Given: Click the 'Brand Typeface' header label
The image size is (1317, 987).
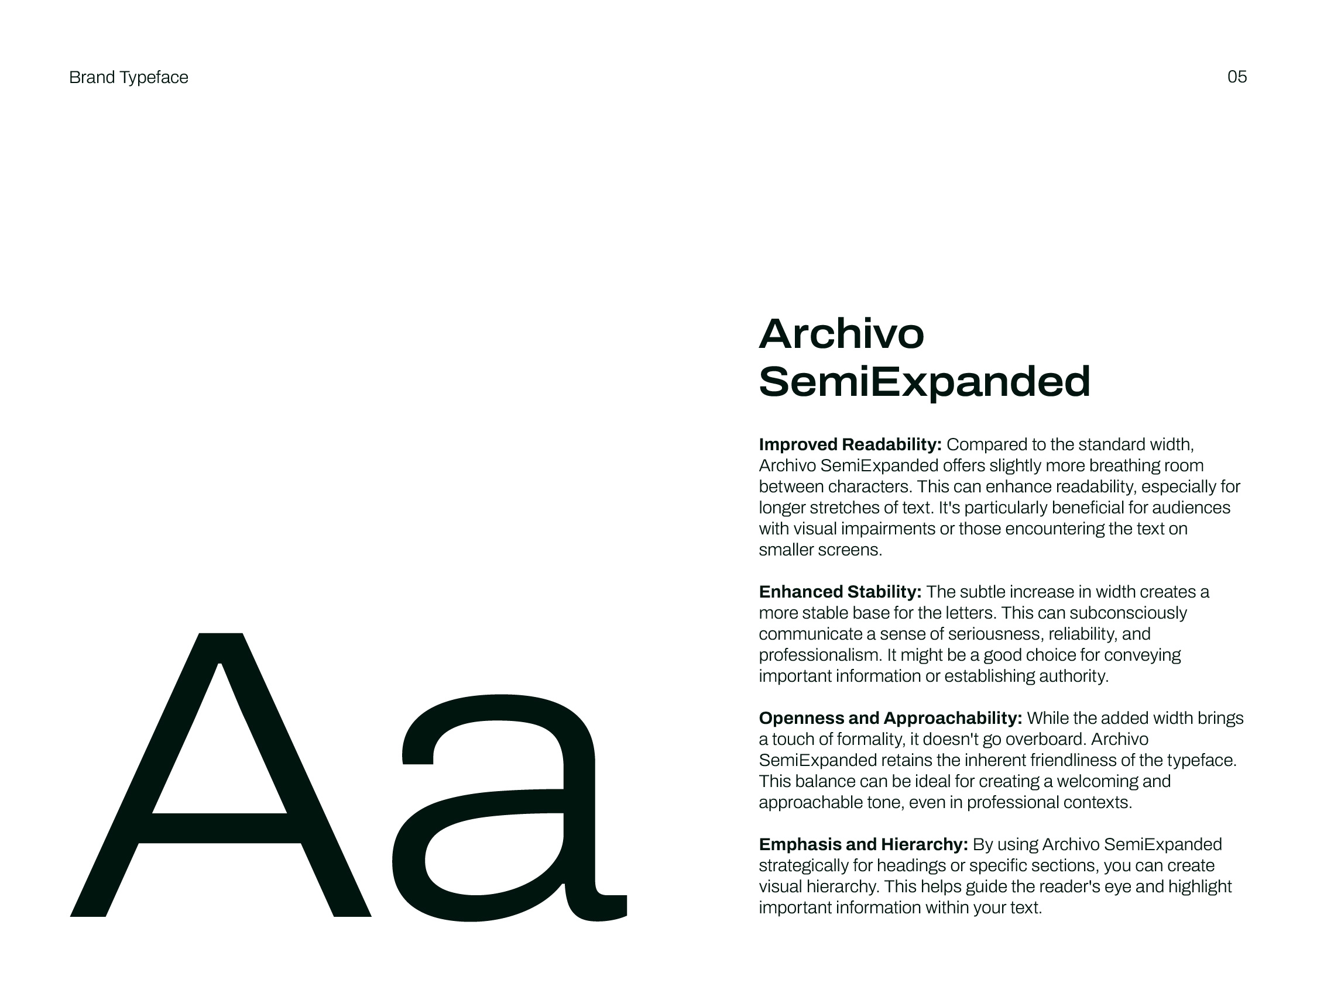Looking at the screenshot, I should pos(129,77).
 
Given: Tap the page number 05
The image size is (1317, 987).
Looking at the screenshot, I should pos(1237,77).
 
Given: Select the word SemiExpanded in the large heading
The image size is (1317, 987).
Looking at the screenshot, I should pos(924,381).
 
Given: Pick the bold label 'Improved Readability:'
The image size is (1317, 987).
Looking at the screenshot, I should pos(850,444).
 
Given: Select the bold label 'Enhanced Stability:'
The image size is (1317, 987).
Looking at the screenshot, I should pos(839,592).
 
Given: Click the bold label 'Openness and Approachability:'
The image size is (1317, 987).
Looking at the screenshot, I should pos(890,718).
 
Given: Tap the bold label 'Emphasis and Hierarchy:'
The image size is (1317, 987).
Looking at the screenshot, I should pos(863,844).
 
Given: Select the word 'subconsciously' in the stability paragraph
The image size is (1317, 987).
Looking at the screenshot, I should pos(1128,613).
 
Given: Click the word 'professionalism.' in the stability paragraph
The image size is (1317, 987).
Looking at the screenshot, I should pos(821,655).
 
